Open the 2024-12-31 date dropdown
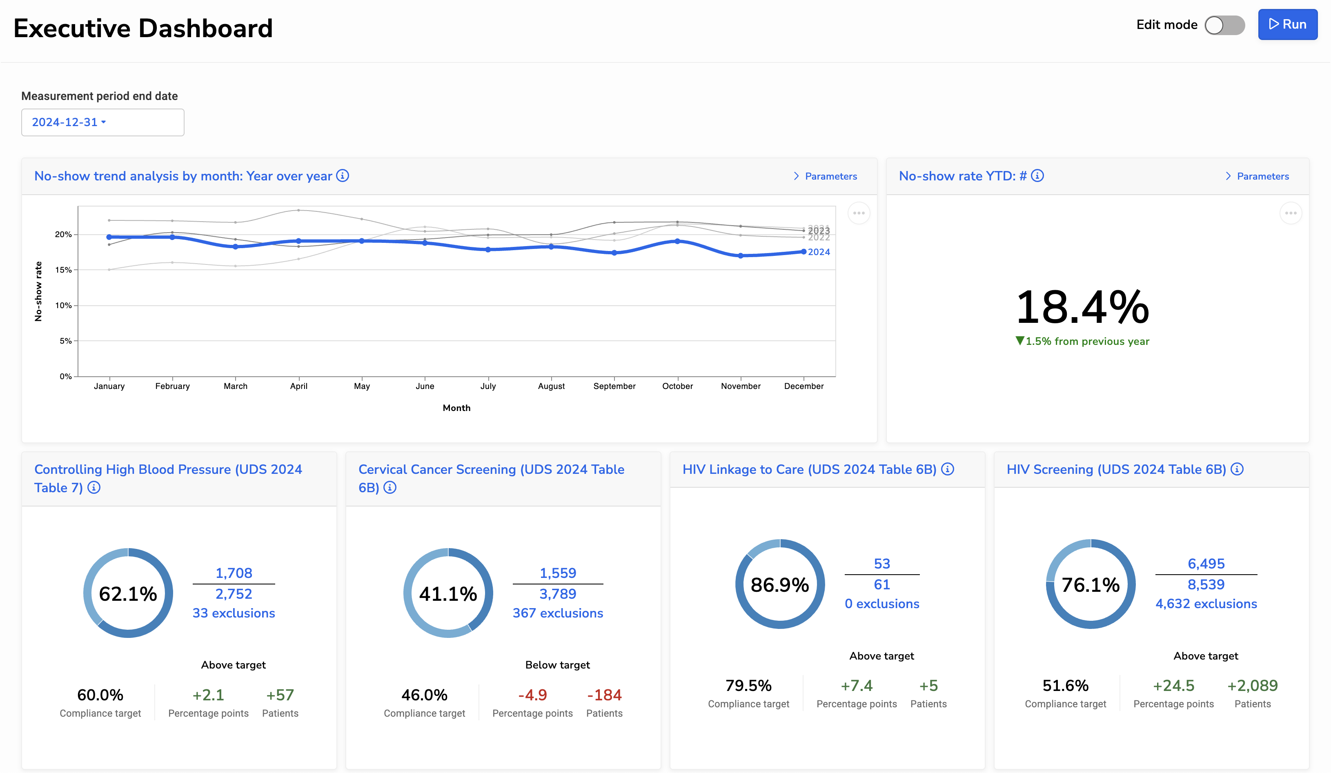(x=102, y=122)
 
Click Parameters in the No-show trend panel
(x=830, y=176)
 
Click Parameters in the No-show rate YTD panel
(x=1262, y=176)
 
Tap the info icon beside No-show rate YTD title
(x=1037, y=176)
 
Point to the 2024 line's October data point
(x=677, y=241)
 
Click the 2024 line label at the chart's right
(x=818, y=252)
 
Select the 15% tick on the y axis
(x=63, y=270)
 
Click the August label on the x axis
(x=551, y=386)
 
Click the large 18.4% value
(x=1082, y=307)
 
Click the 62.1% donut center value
(x=128, y=593)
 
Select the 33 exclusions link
(x=234, y=613)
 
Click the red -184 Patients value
(x=604, y=695)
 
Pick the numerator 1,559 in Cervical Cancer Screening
(x=557, y=573)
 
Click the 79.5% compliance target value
(x=748, y=685)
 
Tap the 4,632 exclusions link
(x=1206, y=604)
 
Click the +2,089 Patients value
(x=1252, y=685)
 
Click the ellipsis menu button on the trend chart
(x=858, y=213)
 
